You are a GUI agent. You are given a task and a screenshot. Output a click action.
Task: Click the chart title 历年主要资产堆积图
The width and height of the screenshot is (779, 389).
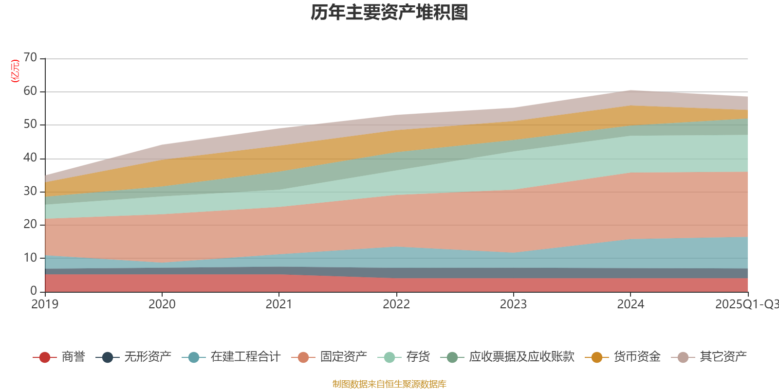[x=389, y=13]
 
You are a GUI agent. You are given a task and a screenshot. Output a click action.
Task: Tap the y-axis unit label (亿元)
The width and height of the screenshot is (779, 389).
[x=16, y=71]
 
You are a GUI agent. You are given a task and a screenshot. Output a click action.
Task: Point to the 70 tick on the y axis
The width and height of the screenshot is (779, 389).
[x=30, y=58]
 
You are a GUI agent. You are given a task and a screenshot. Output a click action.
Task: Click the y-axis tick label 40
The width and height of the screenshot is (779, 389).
[x=30, y=158]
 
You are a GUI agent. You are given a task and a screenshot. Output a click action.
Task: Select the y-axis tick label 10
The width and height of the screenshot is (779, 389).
[x=30, y=258]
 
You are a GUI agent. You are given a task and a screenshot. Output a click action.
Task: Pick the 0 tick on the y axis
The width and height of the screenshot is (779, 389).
[x=34, y=291]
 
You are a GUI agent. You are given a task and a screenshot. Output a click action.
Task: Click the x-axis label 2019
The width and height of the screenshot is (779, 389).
[x=45, y=304]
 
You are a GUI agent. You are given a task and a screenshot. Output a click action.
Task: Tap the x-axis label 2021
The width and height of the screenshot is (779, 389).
[x=279, y=304]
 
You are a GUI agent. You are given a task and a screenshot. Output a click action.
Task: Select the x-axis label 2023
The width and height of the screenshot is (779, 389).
[x=513, y=304]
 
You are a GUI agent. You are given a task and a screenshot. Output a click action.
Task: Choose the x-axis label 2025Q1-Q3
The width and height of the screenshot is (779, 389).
[x=746, y=304]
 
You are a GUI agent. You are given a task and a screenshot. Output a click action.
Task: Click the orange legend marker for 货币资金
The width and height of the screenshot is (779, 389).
[x=596, y=357]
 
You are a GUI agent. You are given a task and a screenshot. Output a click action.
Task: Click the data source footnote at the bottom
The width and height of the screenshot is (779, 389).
[x=389, y=384]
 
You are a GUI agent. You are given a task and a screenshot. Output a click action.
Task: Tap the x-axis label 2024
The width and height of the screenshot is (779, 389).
[x=631, y=304]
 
